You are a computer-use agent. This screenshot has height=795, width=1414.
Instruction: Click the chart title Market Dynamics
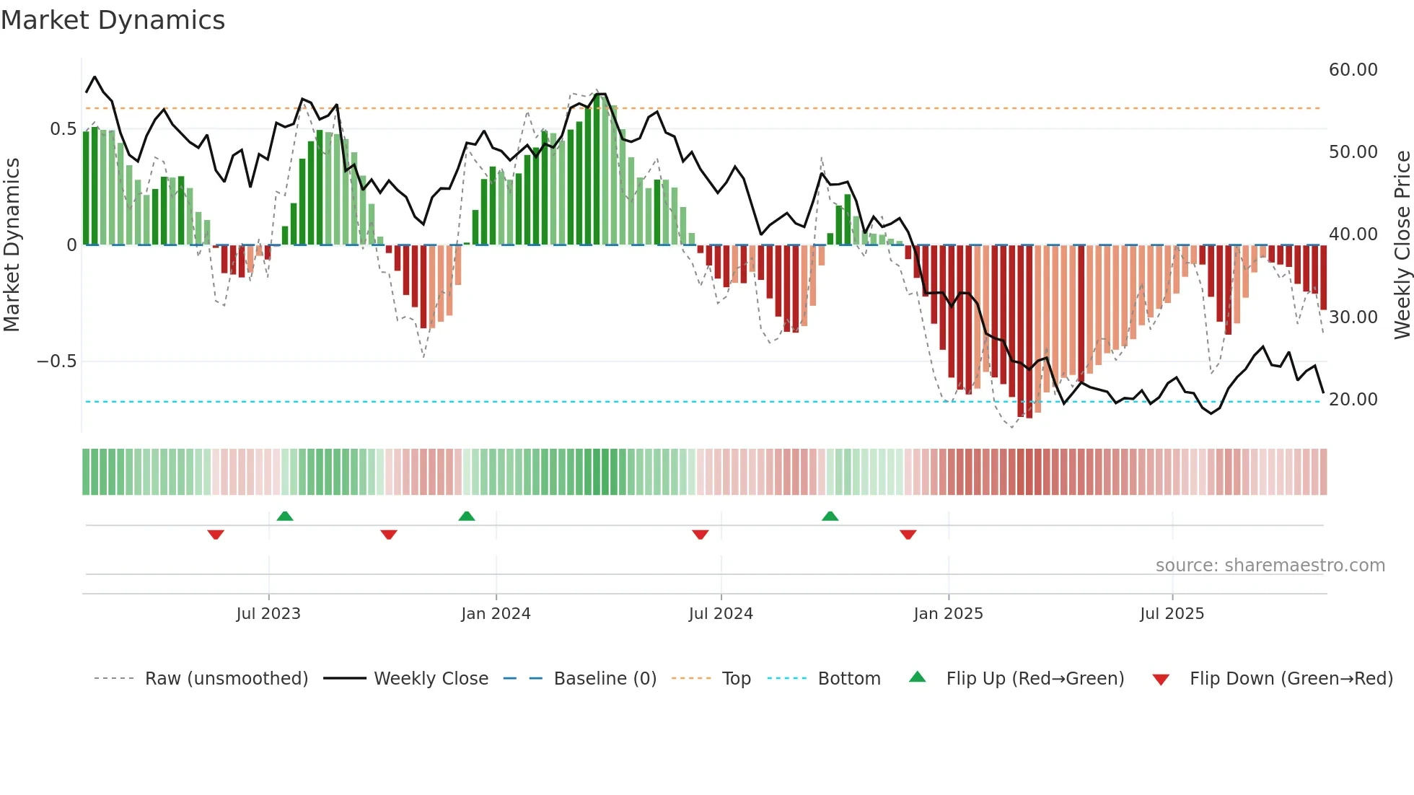113,20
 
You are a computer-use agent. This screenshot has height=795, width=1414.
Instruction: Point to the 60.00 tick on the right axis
1353,70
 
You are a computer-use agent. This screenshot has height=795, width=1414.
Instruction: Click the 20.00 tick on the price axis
1353,400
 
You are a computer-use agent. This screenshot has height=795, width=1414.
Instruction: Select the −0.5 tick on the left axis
56,361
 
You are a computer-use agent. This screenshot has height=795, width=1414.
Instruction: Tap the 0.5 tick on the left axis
63,129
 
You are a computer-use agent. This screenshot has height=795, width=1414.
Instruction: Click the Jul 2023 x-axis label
268,614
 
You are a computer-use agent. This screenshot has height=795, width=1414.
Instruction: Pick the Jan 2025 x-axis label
948,614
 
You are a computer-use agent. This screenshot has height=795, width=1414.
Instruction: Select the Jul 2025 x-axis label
1172,614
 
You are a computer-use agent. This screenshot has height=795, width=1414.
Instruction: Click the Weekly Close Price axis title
1402,245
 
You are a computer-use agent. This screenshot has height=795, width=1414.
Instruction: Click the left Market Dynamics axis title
12,245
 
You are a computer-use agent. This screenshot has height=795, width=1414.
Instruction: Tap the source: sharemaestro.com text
1270,566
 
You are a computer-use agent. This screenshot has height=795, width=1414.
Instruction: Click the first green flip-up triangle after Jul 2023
285,517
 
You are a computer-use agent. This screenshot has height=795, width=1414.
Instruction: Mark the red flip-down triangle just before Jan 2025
908,535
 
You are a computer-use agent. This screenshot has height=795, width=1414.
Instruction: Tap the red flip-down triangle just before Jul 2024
700,535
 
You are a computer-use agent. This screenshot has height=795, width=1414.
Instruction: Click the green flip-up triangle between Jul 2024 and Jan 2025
830,517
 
